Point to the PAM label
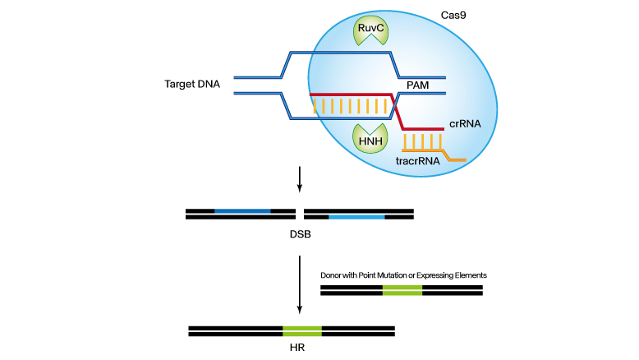click(x=419, y=85)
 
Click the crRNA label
click(x=463, y=124)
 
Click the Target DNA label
click(x=192, y=84)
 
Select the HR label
click(x=298, y=348)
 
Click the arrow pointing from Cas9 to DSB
click(x=300, y=179)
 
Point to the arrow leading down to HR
click(x=300, y=284)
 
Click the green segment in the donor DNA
click(x=402, y=290)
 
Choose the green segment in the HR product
click(x=301, y=331)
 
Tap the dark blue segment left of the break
click(x=242, y=210)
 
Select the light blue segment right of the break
click(x=356, y=217)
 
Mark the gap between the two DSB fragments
click(x=300, y=214)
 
